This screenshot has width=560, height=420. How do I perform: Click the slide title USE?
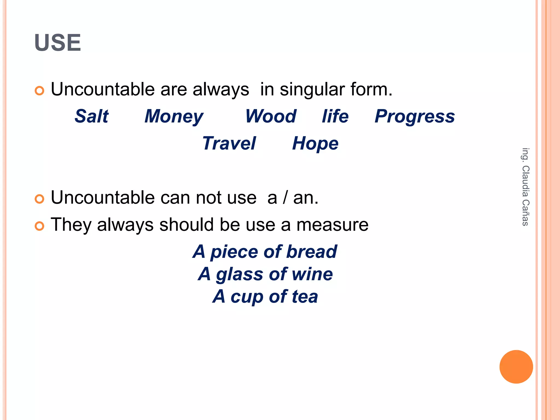[x=58, y=43]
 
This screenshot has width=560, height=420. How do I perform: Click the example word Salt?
[x=92, y=116]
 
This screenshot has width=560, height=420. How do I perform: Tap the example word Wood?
[x=271, y=116]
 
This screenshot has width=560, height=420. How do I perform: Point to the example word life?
[x=335, y=116]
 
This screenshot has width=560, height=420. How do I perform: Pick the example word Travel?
[x=229, y=143]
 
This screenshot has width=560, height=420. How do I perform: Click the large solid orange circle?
[x=516, y=367]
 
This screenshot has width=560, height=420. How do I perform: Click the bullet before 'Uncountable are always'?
[x=40, y=91]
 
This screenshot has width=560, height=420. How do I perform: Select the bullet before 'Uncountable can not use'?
[x=40, y=199]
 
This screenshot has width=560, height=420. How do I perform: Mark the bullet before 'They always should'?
[x=40, y=226]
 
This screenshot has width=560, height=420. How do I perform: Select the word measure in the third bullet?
[x=332, y=225]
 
